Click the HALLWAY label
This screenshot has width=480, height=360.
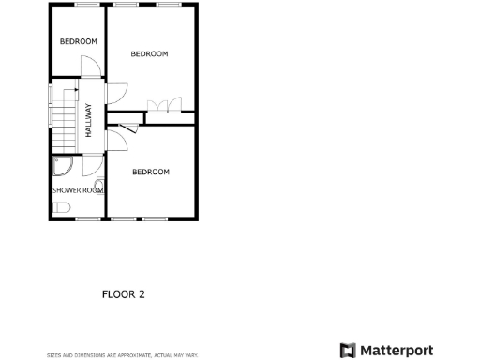click(x=89, y=120)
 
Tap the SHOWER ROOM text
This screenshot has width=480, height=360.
click(x=77, y=190)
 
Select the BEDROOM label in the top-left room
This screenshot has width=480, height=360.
click(x=79, y=41)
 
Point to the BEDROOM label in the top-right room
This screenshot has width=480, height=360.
click(x=149, y=54)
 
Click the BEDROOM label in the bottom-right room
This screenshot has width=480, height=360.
click(x=150, y=172)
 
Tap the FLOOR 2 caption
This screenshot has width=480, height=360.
click(x=123, y=294)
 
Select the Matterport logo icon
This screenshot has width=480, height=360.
click(x=348, y=350)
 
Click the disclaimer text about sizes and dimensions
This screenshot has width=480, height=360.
click(x=123, y=355)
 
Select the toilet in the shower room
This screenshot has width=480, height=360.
click(x=60, y=207)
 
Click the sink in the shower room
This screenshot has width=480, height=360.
click(x=99, y=185)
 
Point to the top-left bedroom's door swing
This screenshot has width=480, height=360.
click(x=90, y=67)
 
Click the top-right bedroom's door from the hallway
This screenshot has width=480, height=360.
click(x=116, y=92)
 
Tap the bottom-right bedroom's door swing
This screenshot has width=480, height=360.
click(x=115, y=140)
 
